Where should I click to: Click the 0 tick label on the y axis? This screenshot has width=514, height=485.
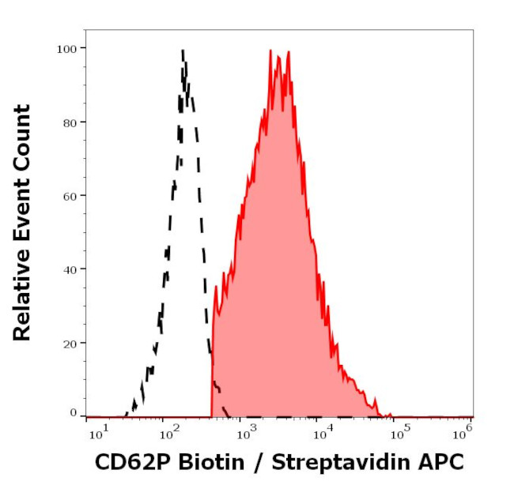(73, 412)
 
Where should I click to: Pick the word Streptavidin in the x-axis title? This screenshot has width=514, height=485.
(323, 462)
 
